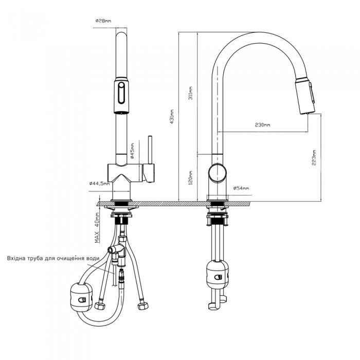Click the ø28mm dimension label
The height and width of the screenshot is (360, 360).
click(x=103, y=21)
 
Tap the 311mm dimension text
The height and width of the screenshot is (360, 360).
click(x=191, y=92)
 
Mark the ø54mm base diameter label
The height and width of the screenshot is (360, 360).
click(x=241, y=189)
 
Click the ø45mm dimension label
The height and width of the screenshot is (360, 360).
click(x=132, y=152)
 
